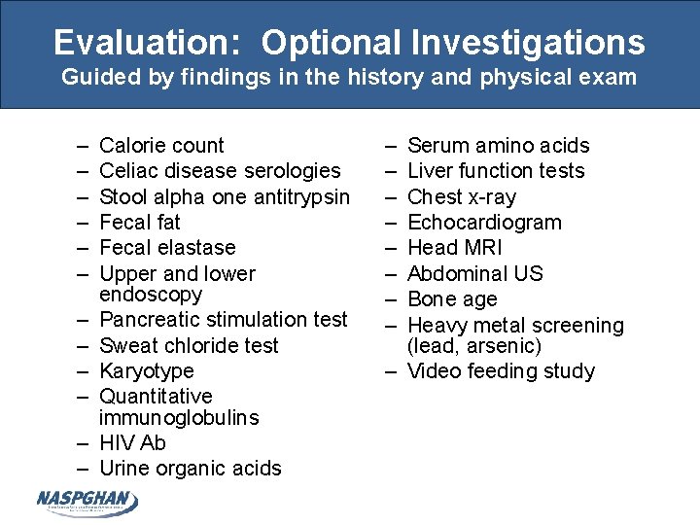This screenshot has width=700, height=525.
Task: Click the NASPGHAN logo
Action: (x=87, y=502)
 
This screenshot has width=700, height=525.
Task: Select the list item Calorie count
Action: (x=161, y=146)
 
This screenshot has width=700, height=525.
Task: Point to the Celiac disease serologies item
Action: (x=220, y=171)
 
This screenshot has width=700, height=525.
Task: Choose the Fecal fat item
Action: (x=141, y=222)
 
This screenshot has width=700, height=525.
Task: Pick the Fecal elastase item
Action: (x=167, y=248)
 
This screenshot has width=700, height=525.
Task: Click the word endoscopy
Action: (x=151, y=295)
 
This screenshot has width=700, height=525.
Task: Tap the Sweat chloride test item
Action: (x=189, y=345)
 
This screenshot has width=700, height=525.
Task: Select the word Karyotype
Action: (x=147, y=371)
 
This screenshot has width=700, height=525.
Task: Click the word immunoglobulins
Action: (x=179, y=418)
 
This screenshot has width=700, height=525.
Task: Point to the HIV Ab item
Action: (x=133, y=443)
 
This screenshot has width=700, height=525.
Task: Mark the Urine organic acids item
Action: (x=191, y=469)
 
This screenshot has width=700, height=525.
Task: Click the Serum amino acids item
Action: (x=499, y=146)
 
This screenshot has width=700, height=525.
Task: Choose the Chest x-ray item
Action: (x=463, y=196)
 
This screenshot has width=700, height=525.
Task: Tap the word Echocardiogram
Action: (x=485, y=222)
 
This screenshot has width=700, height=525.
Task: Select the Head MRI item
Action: (x=455, y=248)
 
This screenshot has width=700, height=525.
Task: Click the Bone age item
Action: (x=452, y=299)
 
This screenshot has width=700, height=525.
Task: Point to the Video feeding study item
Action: (x=501, y=371)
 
